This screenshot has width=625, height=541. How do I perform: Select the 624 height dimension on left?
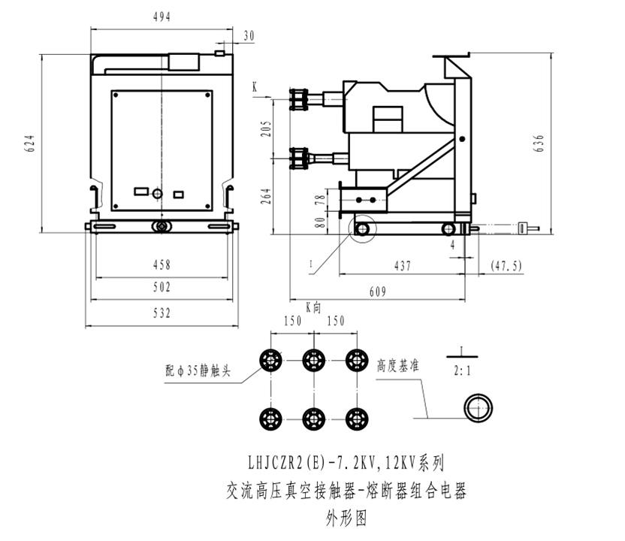pos(31,144)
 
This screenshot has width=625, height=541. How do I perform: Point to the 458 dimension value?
pos(162,264)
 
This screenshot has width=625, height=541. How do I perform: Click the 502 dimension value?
pos(162,287)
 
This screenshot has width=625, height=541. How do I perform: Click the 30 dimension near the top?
pos(249,35)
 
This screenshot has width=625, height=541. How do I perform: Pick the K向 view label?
pos(313,307)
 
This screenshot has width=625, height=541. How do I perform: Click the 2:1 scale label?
pos(463,370)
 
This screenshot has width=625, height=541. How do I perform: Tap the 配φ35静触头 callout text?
pos(197,370)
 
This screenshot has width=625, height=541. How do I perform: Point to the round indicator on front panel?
pos(157,195)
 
